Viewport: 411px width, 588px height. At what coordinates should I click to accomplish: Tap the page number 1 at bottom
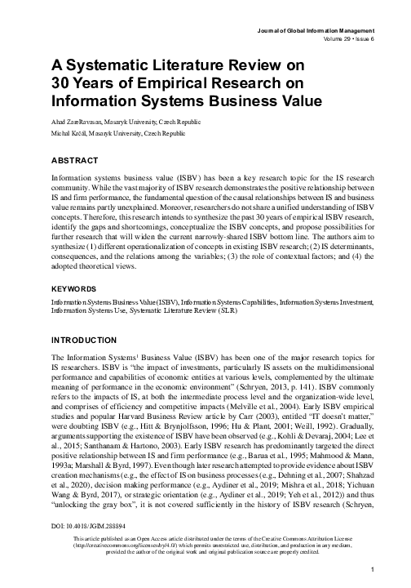(x=372, y=568)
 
